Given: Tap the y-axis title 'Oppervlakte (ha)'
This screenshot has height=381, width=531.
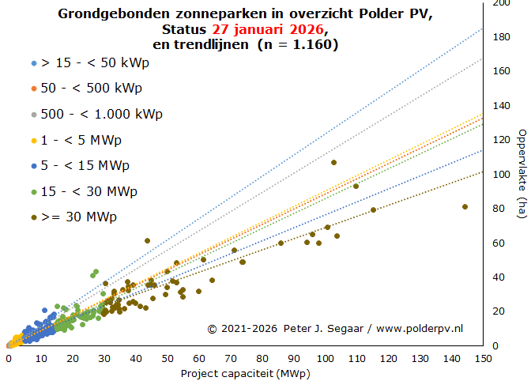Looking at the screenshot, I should click(x=522, y=174).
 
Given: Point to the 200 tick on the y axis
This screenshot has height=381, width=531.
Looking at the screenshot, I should click(x=500, y=4).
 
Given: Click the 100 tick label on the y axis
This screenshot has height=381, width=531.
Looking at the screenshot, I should click(x=500, y=175).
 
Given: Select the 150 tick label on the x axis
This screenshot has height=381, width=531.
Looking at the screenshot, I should click(x=482, y=358).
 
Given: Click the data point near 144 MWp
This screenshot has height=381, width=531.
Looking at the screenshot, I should click(x=465, y=207).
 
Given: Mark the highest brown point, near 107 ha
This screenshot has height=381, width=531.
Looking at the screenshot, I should click(x=333, y=162).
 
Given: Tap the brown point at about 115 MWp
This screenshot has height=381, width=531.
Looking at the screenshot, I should click(x=373, y=209).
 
